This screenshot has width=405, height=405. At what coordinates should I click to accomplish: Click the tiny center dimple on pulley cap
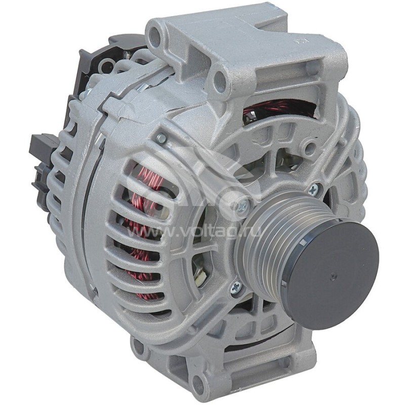coord(333,276)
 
